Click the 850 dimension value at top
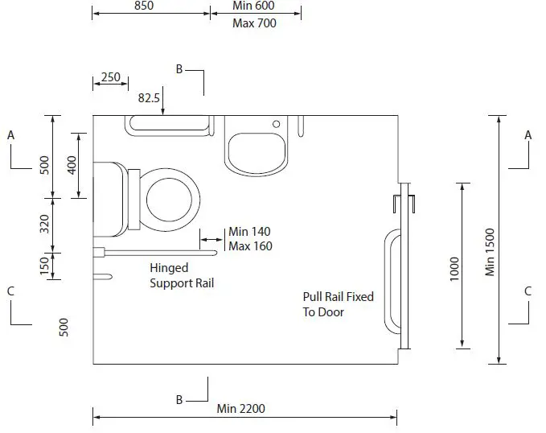(x=143, y=6)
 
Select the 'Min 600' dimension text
(x=254, y=6)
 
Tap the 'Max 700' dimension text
(x=254, y=23)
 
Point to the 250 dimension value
(x=110, y=77)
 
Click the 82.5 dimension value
(x=150, y=98)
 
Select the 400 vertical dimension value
(x=72, y=165)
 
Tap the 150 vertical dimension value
(x=45, y=263)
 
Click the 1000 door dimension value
(x=454, y=267)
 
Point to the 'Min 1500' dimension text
(x=491, y=252)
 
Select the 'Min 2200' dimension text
(x=240, y=409)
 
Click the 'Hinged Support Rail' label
(x=182, y=275)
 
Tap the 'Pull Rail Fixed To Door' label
(x=338, y=304)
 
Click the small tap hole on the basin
(x=276, y=125)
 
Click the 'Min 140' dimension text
(x=249, y=232)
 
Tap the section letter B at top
(x=179, y=69)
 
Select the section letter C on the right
(x=528, y=291)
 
